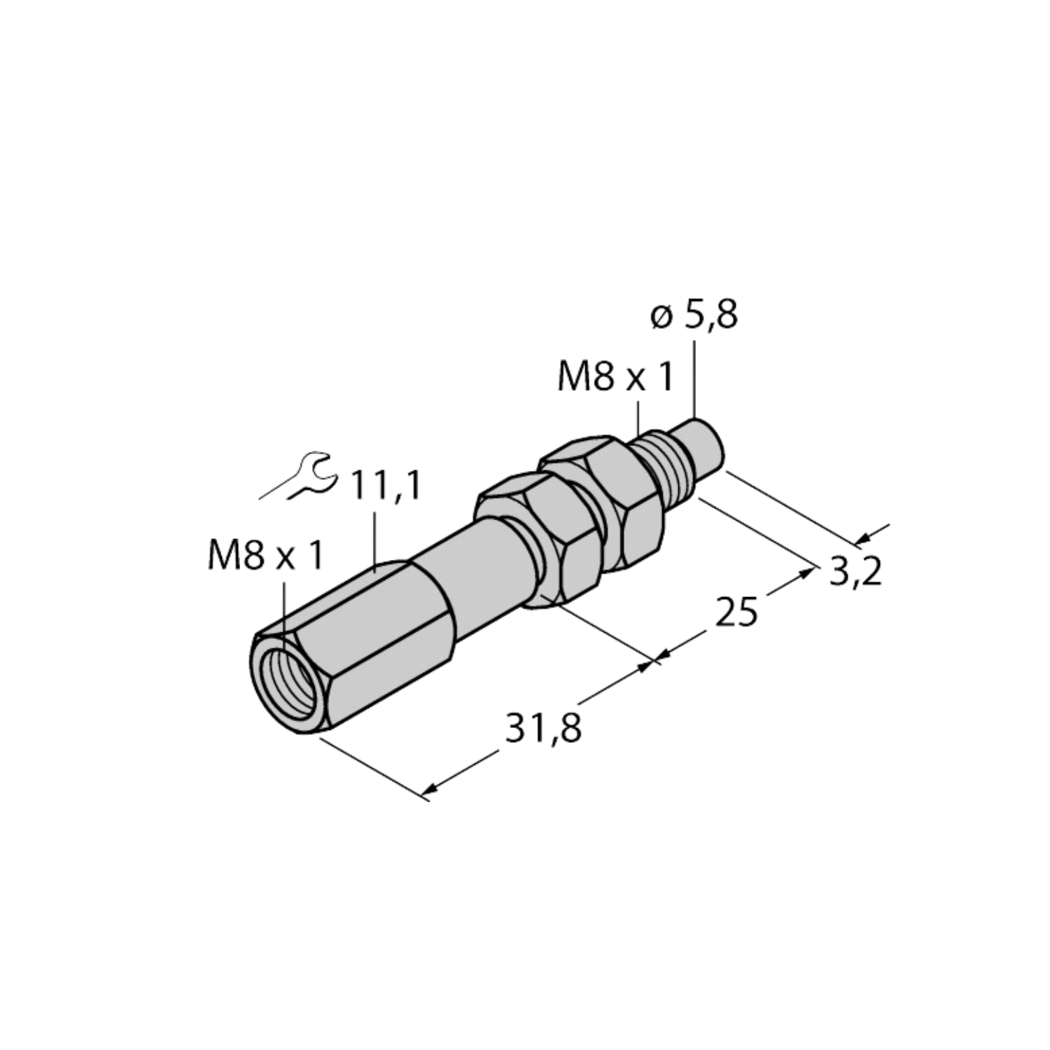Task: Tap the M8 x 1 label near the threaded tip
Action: tap(615, 379)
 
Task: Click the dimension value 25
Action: tap(736, 612)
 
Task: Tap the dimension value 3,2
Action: tap(855, 571)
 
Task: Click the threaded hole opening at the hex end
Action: tap(284, 683)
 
